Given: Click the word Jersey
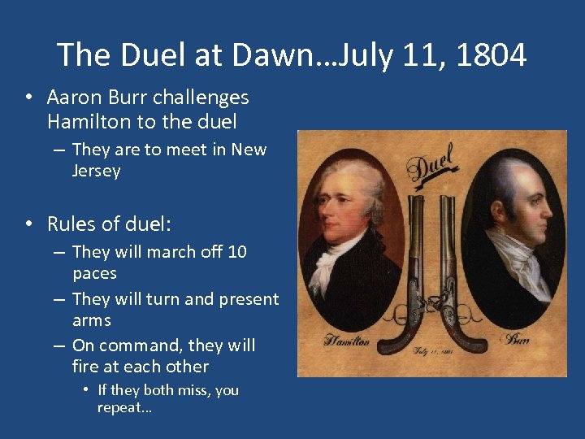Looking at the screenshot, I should [96, 171].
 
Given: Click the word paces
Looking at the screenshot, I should [94, 273].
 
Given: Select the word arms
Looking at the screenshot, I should [91, 320].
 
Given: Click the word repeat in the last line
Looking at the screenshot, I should [123, 407].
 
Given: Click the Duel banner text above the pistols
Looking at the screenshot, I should [431, 163].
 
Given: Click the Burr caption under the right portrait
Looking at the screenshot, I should [515, 339].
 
